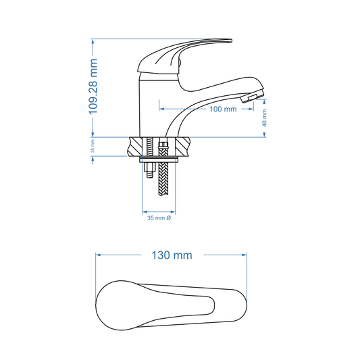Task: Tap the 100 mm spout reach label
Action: [222, 109]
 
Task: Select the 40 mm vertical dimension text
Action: [265, 119]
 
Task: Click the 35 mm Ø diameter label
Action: [159, 218]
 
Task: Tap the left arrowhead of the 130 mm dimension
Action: [99, 255]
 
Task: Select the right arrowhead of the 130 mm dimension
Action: [247, 255]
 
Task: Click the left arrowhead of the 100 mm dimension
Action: [161, 108]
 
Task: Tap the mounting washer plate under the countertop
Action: [159, 159]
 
